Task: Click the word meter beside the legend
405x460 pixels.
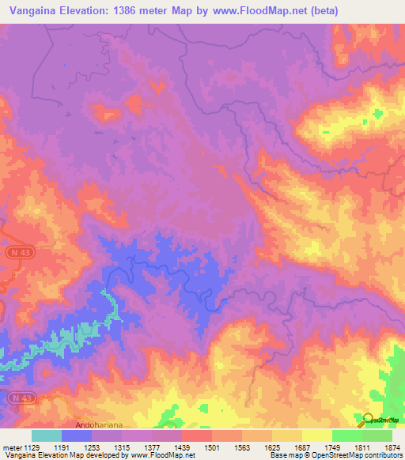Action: point(10,447)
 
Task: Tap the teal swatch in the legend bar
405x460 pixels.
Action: point(46,435)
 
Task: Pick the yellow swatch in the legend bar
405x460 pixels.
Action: point(317,435)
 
